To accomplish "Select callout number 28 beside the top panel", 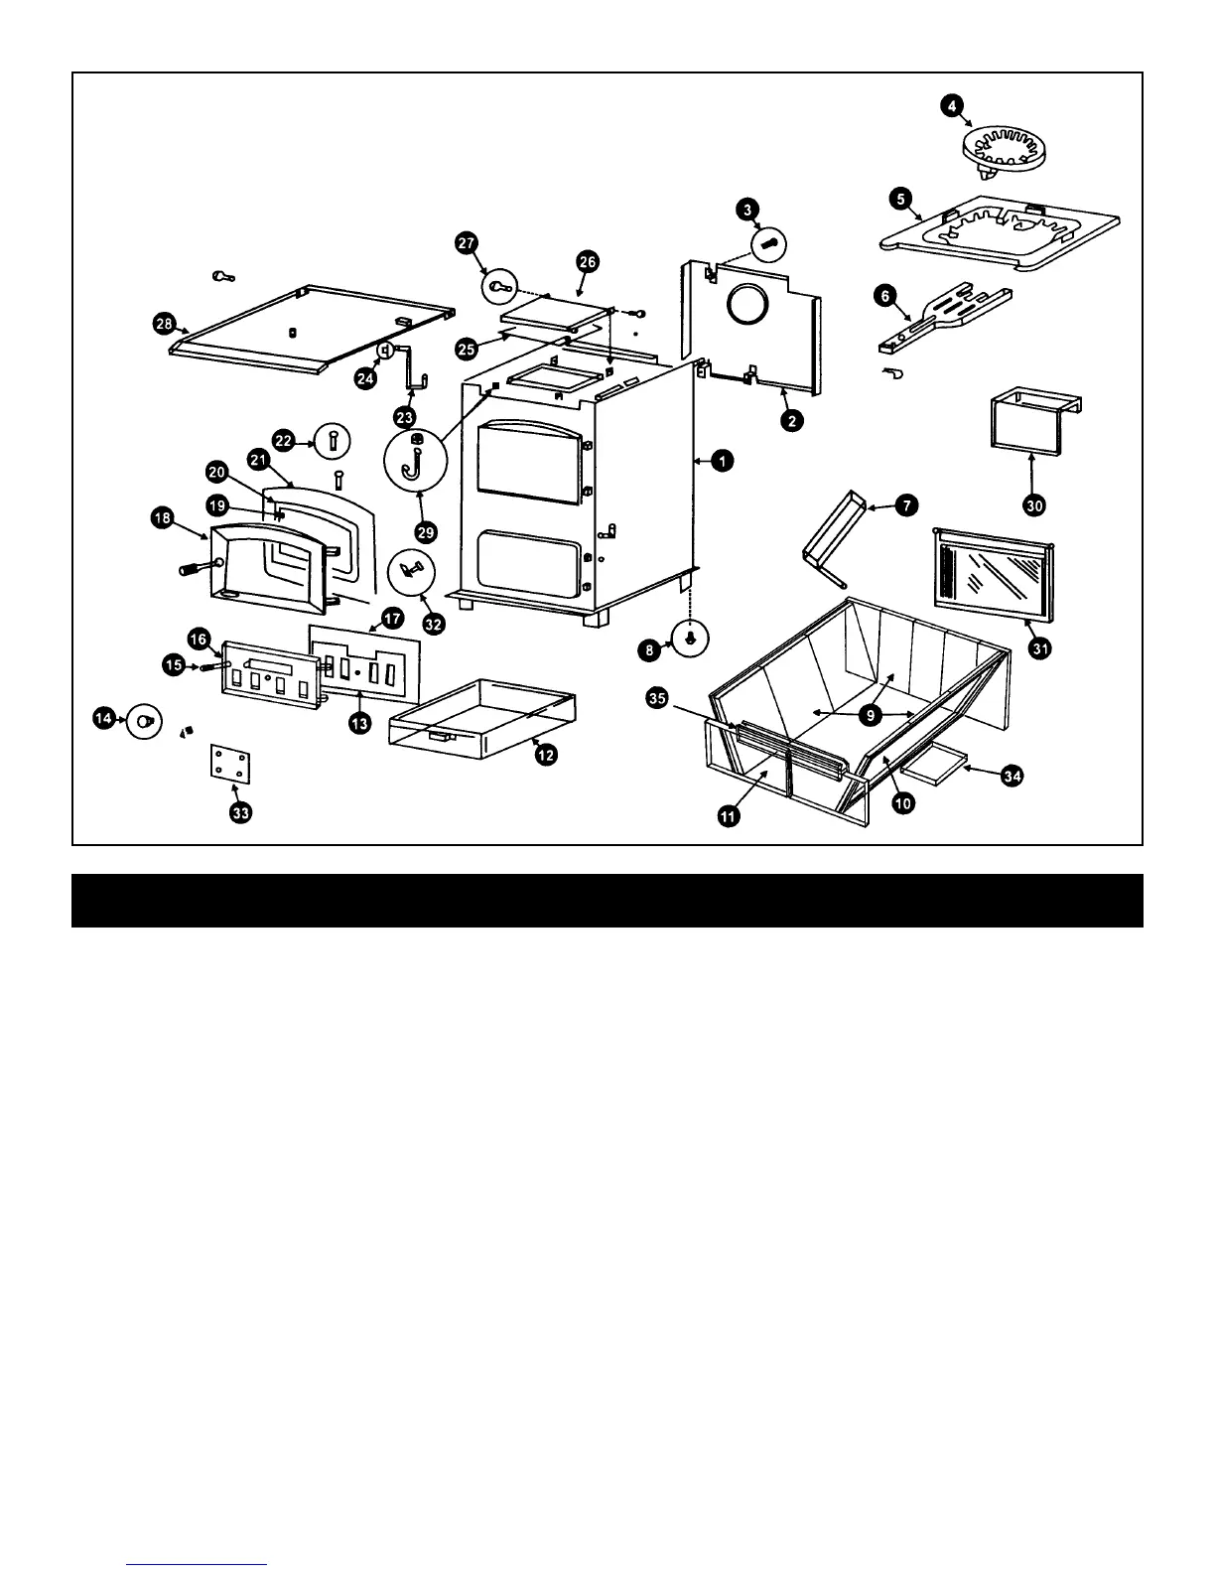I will [164, 323].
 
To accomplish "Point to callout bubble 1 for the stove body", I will [723, 461].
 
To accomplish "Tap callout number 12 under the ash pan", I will [545, 755].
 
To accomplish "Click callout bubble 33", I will [241, 813].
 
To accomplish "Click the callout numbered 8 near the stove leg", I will [650, 650].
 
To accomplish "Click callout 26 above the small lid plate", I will [587, 261].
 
